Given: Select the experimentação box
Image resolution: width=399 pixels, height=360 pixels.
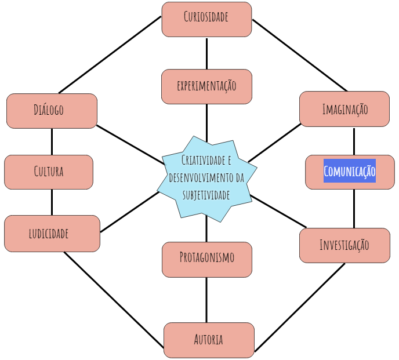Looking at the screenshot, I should (206, 86).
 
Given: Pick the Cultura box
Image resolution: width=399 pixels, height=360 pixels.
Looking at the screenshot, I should (49, 172).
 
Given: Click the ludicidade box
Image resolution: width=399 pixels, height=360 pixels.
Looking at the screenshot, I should (52, 234).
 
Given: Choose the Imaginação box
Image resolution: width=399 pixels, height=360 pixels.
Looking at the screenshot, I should (344, 108).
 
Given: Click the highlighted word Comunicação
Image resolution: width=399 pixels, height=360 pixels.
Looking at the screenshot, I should (350, 172).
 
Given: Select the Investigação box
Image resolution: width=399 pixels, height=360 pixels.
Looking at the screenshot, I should (344, 245).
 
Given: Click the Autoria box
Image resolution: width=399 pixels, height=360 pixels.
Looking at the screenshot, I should (209, 340).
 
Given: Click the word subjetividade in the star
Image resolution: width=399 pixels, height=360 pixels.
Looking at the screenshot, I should (206, 195).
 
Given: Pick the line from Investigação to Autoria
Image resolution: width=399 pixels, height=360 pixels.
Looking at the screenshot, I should (300, 307).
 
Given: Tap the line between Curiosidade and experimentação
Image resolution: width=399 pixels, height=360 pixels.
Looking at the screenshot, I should (206, 53).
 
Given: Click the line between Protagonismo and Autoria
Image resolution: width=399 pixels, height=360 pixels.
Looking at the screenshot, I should (206, 299).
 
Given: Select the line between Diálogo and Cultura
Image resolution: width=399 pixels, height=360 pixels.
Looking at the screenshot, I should (52, 141).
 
